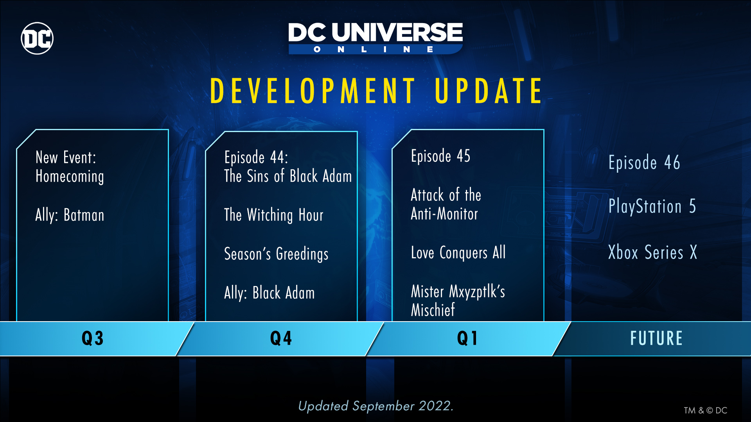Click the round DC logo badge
coord(37,38)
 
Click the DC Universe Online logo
coord(375,38)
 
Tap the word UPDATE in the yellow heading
coord(489,91)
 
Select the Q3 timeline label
coord(93,338)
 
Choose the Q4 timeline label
coord(281,338)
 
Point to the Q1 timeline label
coord(467,338)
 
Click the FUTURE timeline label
coord(656,338)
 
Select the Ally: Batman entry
coord(70,215)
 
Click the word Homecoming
coord(70,177)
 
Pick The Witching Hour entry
coord(274,215)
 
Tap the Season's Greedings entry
coord(276,254)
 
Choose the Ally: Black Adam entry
coord(269,293)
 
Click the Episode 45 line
coord(440,156)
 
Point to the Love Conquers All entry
coord(458,252)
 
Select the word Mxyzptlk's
coord(477,292)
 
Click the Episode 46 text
coord(644,163)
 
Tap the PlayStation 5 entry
coord(652,206)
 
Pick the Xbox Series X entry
coord(652,252)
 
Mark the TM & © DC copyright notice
coord(705,410)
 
